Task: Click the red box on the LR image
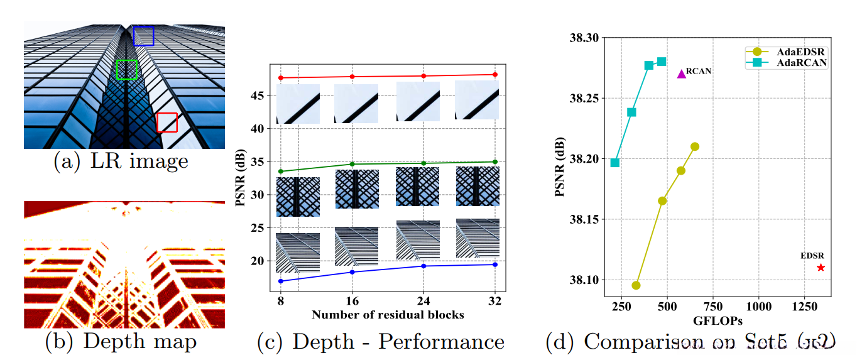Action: (167, 123)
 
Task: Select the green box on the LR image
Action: (126, 70)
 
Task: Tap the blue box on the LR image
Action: (143, 36)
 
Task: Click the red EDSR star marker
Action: (821, 268)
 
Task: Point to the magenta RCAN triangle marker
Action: (681, 74)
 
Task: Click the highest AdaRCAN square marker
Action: (662, 62)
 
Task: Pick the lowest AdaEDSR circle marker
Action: (636, 285)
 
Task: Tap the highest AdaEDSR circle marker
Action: (695, 146)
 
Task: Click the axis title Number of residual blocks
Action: (388, 315)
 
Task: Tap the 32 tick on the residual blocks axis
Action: (495, 301)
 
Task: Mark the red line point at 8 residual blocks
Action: (281, 78)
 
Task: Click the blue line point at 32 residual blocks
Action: (495, 265)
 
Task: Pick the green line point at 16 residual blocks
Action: (352, 164)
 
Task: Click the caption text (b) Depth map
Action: (121, 341)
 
